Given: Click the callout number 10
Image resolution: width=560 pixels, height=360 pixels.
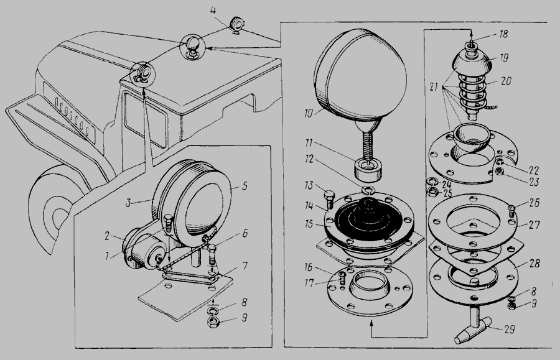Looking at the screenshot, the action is pos(308,113).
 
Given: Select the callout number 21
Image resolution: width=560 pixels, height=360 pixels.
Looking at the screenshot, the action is pos(434,87).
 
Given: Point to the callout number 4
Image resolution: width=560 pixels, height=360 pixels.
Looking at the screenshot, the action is pos(213,10).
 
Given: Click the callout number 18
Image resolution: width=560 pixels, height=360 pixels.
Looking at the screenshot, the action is pos(503,34).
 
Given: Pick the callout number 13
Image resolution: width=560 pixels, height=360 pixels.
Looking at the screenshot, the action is pos(308,185).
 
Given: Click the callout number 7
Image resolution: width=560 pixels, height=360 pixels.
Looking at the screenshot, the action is pos(245,266).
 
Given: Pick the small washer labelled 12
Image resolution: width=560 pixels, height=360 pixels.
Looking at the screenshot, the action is pos(368,189).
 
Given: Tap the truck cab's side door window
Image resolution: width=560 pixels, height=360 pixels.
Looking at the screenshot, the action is pos(145,119).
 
